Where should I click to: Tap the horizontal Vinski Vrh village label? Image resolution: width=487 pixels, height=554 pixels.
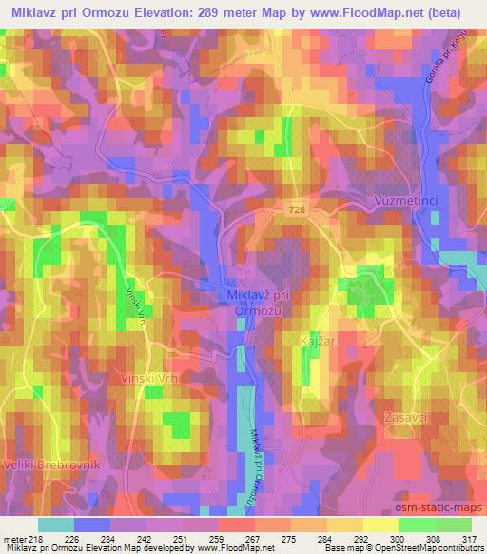(x=148, y=378)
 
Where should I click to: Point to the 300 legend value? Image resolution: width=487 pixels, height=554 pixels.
(x=381, y=538)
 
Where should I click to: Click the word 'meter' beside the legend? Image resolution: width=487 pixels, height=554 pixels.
(x=12, y=538)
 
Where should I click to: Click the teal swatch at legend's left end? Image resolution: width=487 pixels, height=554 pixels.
(x=55, y=524)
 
